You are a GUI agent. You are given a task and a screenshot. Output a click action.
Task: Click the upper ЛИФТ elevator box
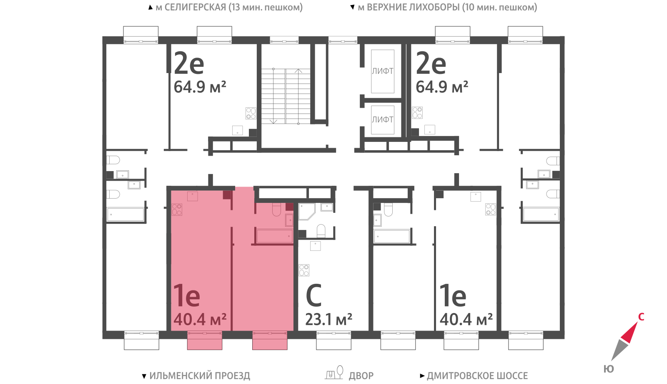(383, 71)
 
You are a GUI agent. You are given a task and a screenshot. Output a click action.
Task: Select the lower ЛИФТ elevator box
(383, 120)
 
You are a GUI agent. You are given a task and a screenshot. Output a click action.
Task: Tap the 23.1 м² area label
(329, 320)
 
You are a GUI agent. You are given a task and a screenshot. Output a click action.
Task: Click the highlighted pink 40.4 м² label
(200, 320)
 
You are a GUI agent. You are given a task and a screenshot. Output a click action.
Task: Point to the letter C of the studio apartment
(314, 296)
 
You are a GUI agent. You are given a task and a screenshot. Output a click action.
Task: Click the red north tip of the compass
(630, 331)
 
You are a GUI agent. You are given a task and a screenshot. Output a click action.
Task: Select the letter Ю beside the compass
(609, 369)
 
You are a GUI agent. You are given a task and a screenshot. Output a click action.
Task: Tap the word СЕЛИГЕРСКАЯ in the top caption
(195, 7)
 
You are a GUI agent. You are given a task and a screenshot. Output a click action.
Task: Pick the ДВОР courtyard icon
(334, 373)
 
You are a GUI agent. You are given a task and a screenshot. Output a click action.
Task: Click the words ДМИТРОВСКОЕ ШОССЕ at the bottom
(477, 376)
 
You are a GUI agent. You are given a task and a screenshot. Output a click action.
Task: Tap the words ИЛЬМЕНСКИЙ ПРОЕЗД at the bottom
(200, 376)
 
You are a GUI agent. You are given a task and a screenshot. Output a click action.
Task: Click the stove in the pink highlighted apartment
(177, 209)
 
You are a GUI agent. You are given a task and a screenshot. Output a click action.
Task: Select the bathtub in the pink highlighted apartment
(275, 236)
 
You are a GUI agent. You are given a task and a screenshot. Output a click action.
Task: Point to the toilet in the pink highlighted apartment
(277, 210)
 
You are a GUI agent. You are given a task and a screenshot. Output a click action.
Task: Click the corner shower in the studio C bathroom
(307, 211)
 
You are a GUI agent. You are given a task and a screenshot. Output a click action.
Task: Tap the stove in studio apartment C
(304, 270)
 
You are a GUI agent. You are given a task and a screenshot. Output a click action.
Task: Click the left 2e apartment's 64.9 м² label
(200, 87)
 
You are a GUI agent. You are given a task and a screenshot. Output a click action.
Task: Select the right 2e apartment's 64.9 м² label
(442, 87)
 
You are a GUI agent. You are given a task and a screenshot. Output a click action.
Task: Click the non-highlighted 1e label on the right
(453, 296)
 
